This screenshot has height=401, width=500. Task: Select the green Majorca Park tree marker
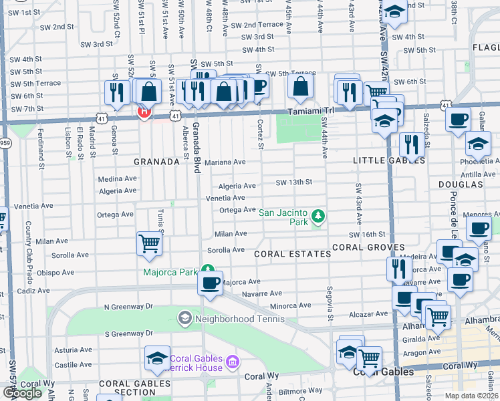click(x=209, y=271)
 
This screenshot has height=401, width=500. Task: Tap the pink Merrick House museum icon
click(x=233, y=362)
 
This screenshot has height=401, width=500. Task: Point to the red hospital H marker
click(x=142, y=112)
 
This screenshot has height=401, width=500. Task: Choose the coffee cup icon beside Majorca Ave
click(x=210, y=283)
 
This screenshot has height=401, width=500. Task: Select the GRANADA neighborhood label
click(x=156, y=162)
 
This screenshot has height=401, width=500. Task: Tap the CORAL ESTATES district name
click(x=292, y=254)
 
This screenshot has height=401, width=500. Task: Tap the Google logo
click(x=22, y=393)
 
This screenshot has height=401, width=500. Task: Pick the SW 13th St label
click(x=295, y=182)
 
